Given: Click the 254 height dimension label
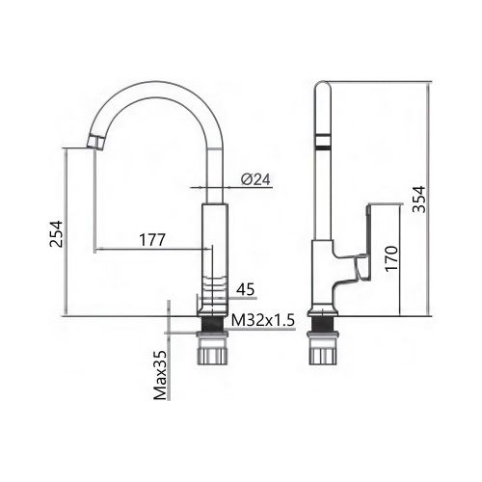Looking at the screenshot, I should pyautogui.click(x=56, y=234).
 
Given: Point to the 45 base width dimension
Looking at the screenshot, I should pyautogui.click(x=246, y=289).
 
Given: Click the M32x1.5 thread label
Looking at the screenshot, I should pyautogui.click(x=263, y=320).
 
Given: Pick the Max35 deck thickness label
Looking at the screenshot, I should pyautogui.click(x=162, y=375).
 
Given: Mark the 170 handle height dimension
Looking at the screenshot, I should pyautogui.click(x=391, y=259).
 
